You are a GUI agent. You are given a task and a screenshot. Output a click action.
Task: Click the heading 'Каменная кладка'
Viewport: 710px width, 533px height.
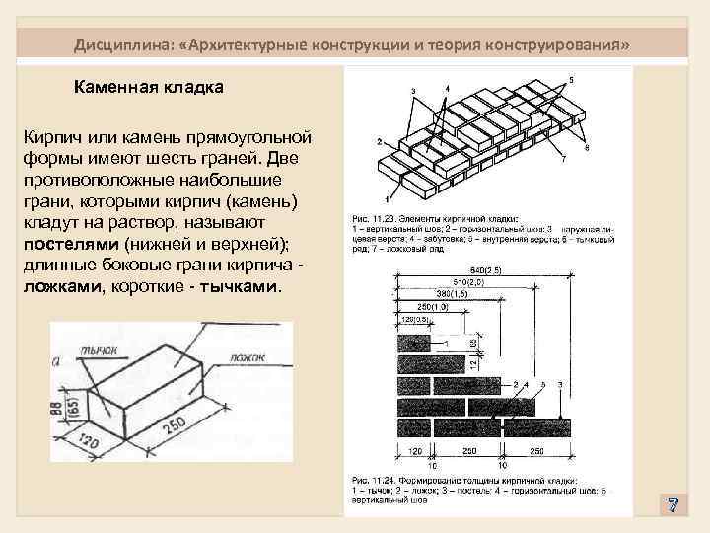[x=149, y=87]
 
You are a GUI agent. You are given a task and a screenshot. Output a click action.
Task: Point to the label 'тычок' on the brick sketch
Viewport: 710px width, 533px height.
[x=101, y=347]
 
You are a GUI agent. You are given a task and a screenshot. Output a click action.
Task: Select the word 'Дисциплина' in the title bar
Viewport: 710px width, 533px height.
[x=121, y=46]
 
